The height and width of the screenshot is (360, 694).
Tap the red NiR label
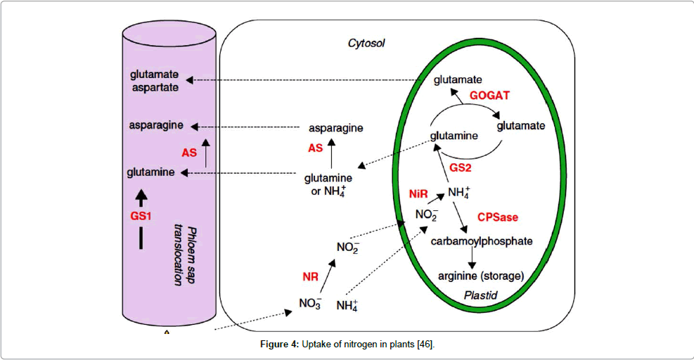pyautogui.click(x=419, y=193)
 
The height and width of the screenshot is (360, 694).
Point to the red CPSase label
pyautogui.click(x=497, y=217)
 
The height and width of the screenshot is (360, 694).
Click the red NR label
pyautogui.click(x=310, y=276)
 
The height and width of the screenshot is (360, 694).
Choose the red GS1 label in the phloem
pyautogui.click(x=141, y=217)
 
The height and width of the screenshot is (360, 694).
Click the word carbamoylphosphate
pyautogui.click(x=482, y=241)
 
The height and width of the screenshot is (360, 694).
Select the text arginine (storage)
pyautogui.click(x=482, y=275)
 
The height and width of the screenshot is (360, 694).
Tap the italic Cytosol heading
pyautogui.click(x=367, y=44)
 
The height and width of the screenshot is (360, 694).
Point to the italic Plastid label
pyautogui.click(x=481, y=296)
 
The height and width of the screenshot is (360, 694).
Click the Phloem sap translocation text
pyautogui.click(x=184, y=255)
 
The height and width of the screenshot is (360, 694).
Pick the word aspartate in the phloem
pyautogui.click(x=154, y=87)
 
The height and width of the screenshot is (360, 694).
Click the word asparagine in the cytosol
pyautogui.click(x=336, y=128)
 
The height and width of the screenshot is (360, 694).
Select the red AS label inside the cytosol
pyautogui.click(x=315, y=148)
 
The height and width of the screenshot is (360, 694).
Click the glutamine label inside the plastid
pyautogui.click(x=454, y=136)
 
